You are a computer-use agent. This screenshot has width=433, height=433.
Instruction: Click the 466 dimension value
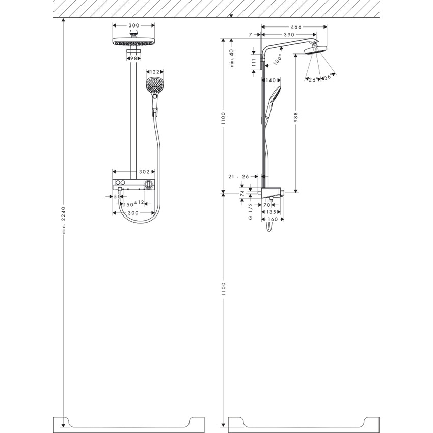pos(296,26)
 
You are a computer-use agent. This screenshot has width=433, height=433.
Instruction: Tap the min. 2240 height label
pos(64,220)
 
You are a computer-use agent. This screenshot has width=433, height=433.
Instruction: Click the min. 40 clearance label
pos(231,59)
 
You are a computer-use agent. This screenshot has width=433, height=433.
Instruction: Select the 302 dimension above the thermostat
pos(144,172)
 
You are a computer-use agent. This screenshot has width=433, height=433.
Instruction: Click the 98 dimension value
pos(133,59)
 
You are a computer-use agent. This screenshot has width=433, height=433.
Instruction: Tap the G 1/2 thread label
pos(250,210)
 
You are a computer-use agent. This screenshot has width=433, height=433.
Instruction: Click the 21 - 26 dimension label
pos(238,176)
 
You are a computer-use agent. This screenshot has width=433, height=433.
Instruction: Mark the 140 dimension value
pos(270,80)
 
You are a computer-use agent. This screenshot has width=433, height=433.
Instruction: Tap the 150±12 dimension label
pos(133,204)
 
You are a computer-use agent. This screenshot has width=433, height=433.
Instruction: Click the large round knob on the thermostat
pos(148,183)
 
